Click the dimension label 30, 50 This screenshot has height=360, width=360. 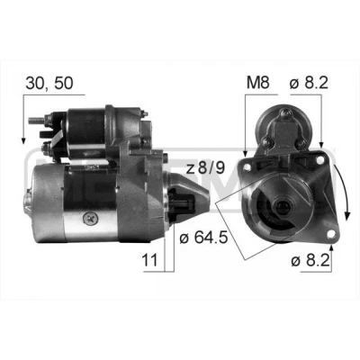pyautogui.click(x=49, y=83)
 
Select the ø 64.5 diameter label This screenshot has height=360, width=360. pyautogui.click(x=203, y=238)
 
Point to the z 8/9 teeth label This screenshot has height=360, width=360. pyautogui.click(x=205, y=168)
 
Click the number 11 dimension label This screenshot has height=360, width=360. pyautogui.click(x=149, y=260)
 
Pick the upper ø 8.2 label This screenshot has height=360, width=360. pyautogui.click(x=309, y=83)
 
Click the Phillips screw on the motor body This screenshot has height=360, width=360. pyautogui.click(x=89, y=218)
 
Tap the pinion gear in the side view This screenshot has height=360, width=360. pyautogui.click(x=182, y=204)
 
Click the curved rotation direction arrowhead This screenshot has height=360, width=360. pyautogui.click(x=347, y=215)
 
